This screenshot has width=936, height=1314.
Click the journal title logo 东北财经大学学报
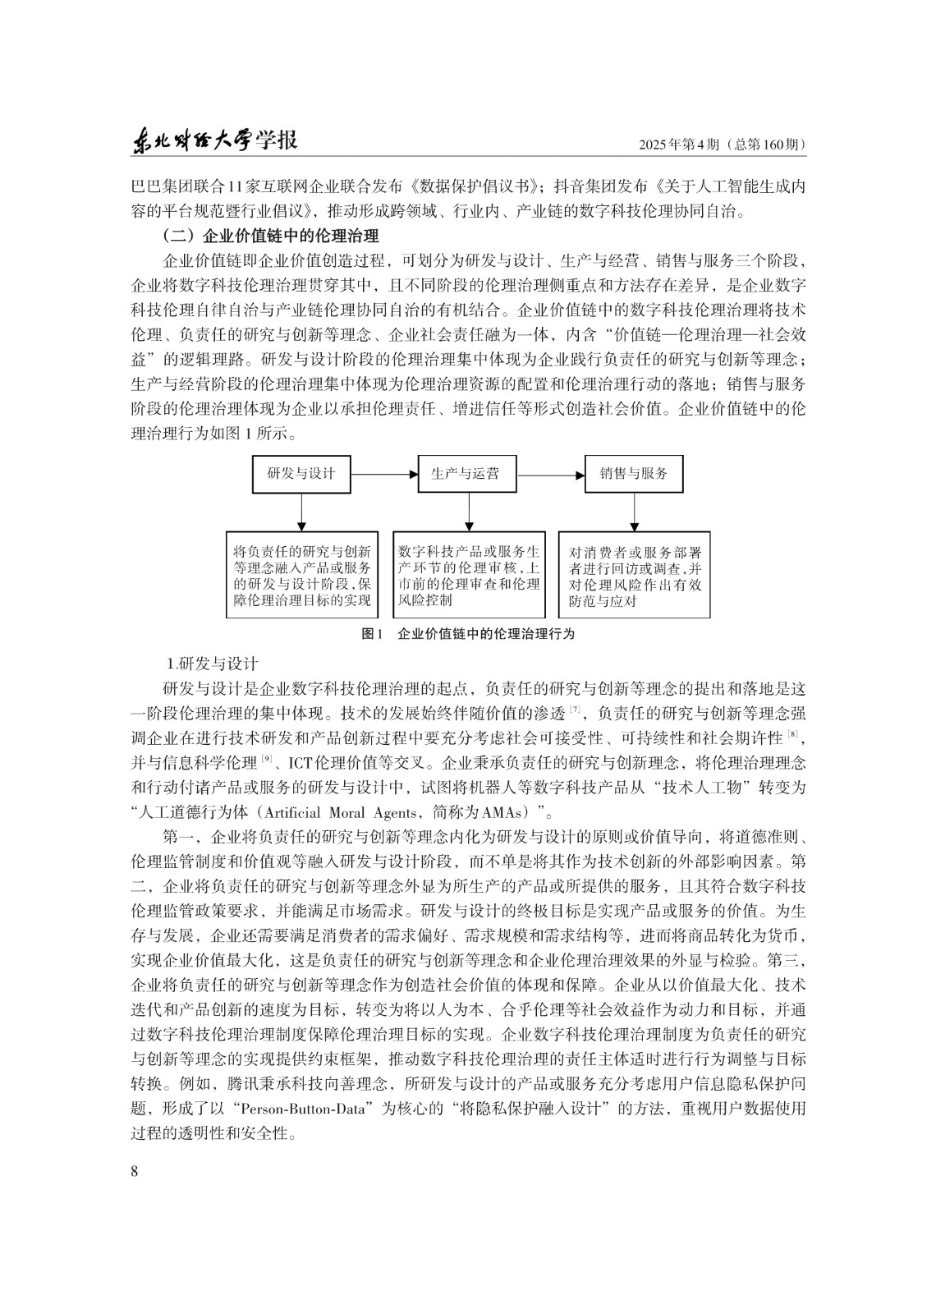[x=214, y=140]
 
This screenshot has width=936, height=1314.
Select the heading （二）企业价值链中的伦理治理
[x=271, y=237]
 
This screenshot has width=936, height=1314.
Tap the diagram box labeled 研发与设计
[x=301, y=474]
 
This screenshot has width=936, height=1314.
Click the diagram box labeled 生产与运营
[x=468, y=474]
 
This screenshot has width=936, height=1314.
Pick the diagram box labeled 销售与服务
[x=634, y=474]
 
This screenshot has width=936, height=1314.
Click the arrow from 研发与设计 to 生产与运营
[x=384, y=474]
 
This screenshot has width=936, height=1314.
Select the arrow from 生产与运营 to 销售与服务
[x=551, y=474]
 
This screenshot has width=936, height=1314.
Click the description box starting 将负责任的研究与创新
[x=301, y=575]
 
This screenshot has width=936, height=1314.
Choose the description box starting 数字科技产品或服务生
[x=469, y=575]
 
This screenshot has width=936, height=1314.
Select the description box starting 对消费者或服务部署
[x=635, y=575]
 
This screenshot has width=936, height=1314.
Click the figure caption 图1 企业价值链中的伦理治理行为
[x=468, y=634]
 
